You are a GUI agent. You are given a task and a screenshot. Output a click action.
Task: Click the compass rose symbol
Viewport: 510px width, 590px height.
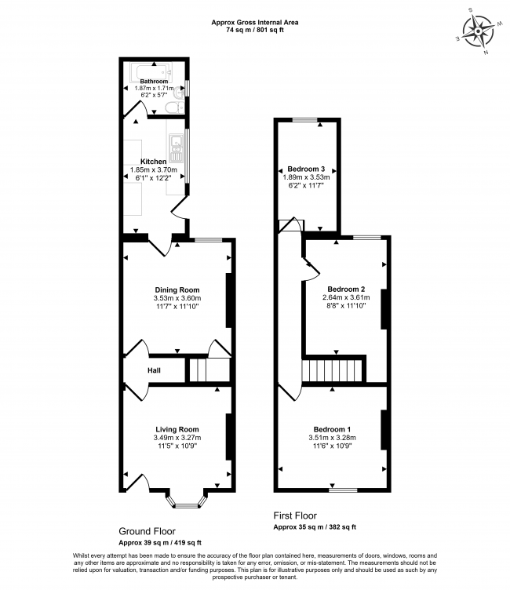coord(479,31)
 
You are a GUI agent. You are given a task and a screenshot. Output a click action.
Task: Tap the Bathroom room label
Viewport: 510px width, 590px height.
coord(154,82)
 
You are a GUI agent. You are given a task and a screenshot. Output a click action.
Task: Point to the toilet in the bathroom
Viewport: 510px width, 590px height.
coord(174,107)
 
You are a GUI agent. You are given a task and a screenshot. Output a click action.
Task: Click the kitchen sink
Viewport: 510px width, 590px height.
coord(176,148)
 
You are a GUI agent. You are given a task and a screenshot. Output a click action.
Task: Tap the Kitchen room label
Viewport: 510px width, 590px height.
coord(154,162)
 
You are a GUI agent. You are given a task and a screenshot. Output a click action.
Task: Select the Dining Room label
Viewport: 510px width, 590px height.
coord(177,290)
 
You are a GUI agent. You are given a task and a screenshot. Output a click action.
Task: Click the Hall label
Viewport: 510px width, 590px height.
coord(154,370)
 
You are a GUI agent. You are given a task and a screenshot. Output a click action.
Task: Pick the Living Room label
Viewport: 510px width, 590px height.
coord(177,429)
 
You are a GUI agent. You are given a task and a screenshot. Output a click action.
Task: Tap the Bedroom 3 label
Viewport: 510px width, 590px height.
coord(306,169)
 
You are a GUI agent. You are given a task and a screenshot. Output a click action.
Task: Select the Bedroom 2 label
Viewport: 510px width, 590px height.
coord(346,289)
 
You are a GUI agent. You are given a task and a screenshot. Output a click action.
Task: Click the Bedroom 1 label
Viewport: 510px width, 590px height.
coord(333,429)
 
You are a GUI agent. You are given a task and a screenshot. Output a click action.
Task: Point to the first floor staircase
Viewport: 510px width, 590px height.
coord(332,371)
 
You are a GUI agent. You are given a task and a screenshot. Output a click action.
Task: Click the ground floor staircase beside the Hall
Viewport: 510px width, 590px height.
coord(209,370)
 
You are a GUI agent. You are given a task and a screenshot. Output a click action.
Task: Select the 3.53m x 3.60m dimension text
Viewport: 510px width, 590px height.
coord(177,298)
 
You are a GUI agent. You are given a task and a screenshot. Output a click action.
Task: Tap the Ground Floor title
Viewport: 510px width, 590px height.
coord(148,531)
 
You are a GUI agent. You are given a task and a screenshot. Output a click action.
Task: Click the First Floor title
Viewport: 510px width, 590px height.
coord(295,515)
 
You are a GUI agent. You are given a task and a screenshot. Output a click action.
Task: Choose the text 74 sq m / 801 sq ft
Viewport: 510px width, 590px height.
coord(255,30)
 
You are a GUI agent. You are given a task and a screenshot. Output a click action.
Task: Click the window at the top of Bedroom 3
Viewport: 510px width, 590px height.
coord(305,120)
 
